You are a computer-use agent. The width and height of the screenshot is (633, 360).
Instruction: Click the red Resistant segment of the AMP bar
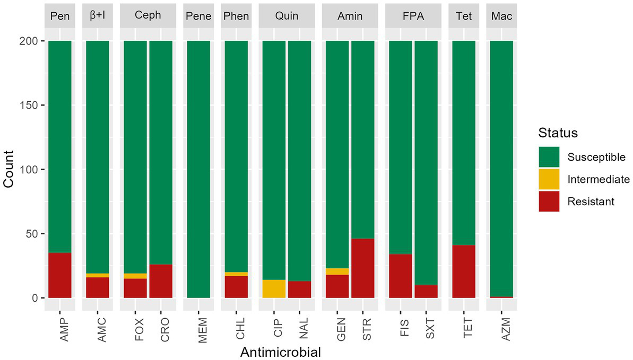(59, 275)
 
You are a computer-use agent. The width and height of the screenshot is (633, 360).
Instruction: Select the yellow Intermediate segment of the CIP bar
(274, 289)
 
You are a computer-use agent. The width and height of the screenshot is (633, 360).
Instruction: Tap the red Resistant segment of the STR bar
(362, 268)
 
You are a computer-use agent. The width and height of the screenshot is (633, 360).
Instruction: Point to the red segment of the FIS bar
(401, 276)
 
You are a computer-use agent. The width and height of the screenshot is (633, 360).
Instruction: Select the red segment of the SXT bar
(426, 292)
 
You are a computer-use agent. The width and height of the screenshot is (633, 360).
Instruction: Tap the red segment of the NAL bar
(299, 289)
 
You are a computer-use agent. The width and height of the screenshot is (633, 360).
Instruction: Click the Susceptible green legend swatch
(549, 157)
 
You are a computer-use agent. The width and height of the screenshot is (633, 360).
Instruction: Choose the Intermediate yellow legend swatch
(549, 179)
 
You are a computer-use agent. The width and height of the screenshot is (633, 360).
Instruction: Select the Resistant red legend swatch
(549, 201)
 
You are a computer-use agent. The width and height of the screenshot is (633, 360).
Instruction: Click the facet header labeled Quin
(287, 16)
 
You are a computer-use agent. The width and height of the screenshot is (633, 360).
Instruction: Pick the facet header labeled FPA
(413, 16)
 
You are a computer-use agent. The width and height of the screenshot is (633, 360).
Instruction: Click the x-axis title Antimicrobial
(280, 352)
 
